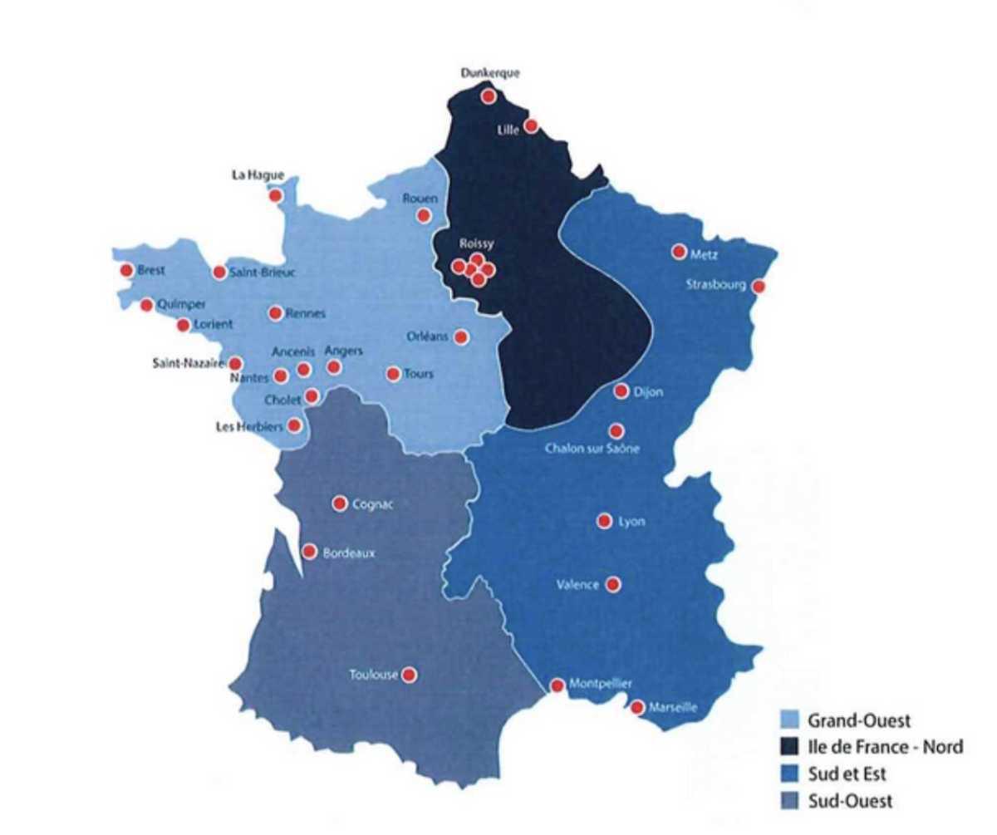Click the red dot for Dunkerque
tap(489, 96)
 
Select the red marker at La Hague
tap(275, 195)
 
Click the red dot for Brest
tap(127, 270)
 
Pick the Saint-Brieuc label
tap(262, 272)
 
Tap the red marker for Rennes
tap(275, 313)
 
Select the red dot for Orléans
tap(461, 336)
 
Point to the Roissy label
tap(476, 244)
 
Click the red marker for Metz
tap(679, 252)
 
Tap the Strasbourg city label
tap(717, 285)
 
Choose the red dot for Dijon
tap(621, 391)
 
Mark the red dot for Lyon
tap(604, 521)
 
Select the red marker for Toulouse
tap(409, 675)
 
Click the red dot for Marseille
tap(636, 708)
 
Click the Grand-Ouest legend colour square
tap(792, 720)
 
